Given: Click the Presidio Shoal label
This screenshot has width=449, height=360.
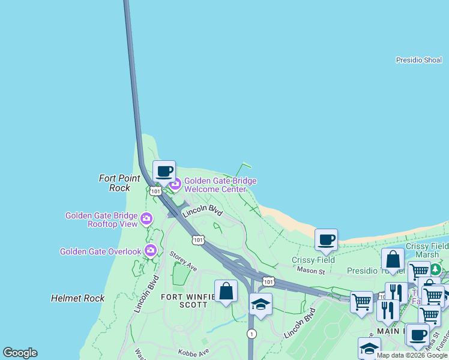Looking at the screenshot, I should [x=418, y=60].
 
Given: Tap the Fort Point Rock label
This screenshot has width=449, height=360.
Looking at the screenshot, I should [x=120, y=183].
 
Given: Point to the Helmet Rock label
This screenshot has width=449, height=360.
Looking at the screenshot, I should [x=77, y=298].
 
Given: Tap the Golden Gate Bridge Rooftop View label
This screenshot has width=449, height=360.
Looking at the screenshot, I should [x=101, y=220].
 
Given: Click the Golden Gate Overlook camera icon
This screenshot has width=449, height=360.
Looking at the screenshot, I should [x=150, y=251].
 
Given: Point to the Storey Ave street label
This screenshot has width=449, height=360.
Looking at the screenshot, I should [x=183, y=261].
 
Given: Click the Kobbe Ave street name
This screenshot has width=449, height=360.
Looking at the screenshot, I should [x=193, y=352].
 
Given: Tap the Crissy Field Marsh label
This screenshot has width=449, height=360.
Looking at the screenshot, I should [x=427, y=251].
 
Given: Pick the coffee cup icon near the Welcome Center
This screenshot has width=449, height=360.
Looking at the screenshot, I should [x=164, y=171].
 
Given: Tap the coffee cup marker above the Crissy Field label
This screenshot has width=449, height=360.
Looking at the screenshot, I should [x=326, y=239].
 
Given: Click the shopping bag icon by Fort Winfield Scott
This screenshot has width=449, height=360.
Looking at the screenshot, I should [x=226, y=292].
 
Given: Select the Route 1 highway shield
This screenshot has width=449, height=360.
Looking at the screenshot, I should [x=251, y=334].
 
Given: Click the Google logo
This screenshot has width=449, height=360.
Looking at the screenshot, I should [x=20, y=353].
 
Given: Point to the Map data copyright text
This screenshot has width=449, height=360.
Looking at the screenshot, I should [x=412, y=355].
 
